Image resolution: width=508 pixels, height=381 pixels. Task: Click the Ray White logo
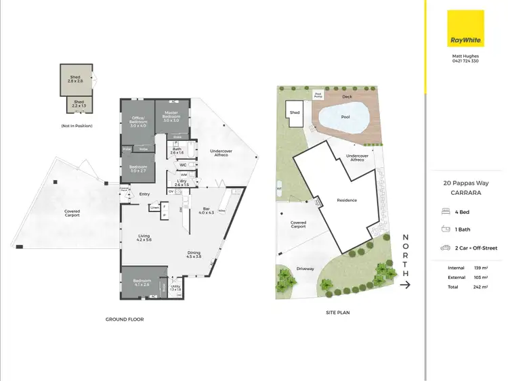click(465, 28)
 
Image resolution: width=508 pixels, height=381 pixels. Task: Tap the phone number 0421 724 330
click(465, 61)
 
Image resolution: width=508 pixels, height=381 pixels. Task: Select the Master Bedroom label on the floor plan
click(171, 118)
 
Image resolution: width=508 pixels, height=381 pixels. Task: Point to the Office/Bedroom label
click(138, 123)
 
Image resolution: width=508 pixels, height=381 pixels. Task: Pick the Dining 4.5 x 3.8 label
click(194, 255)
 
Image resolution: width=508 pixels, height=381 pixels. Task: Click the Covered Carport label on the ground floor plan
click(72, 213)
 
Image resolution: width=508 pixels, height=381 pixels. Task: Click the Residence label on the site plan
click(346, 200)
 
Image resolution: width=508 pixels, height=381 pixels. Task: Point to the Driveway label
click(305, 269)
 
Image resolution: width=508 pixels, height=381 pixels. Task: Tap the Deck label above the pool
click(347, 97)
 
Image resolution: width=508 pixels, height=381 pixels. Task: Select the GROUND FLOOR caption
click(125, 319)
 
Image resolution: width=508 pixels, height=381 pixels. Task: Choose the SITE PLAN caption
click(338, 313)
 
